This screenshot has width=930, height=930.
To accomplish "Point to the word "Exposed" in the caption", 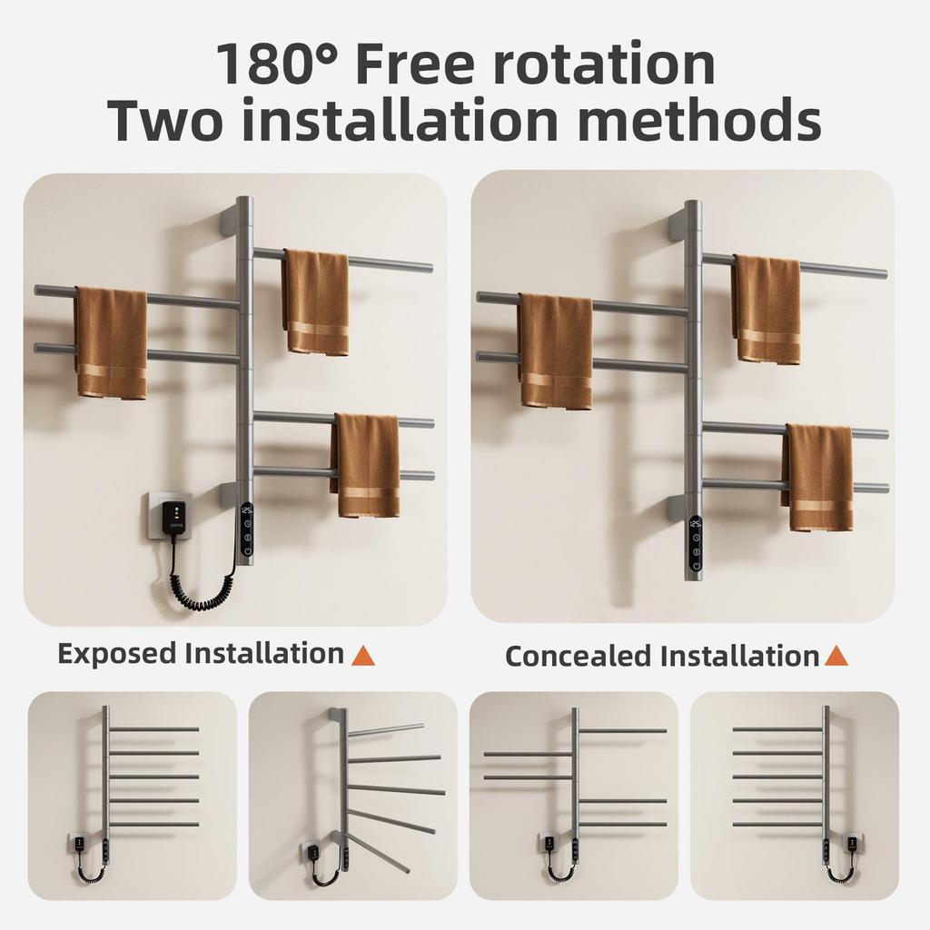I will (x=117, y=653).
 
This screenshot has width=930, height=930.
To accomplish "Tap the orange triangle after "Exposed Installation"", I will (x=363, y=654).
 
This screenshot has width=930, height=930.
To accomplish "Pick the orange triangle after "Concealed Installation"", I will (x=836, y=655).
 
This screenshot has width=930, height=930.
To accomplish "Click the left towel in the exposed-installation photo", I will (x=111, y=342).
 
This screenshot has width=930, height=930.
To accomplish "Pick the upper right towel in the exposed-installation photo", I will (x=316, y=302).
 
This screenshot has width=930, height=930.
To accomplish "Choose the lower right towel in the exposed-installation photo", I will (x=367, y=465).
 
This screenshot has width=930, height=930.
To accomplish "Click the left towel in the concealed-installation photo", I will (x=556, y=351).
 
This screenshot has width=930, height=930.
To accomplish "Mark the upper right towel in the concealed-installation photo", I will (x=767, y=309).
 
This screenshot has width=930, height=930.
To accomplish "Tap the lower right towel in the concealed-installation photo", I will (x=819, y=477).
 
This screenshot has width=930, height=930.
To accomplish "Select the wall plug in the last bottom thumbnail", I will (x=853, y=845).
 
